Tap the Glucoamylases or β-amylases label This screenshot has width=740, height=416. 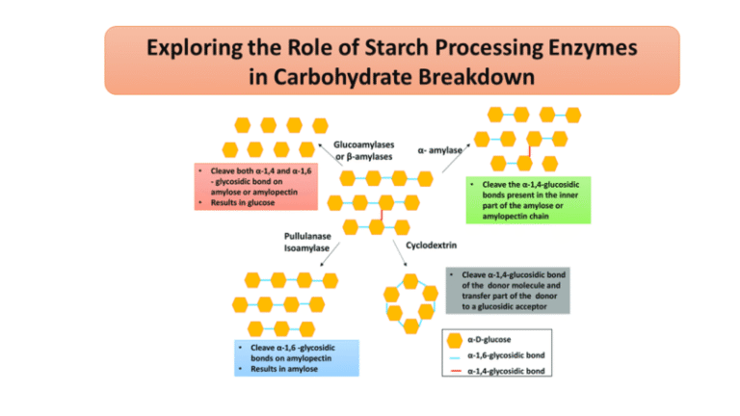pyautogui.click(x=363, y=150)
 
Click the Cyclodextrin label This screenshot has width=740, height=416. pyautogui.click(x=438, y=245)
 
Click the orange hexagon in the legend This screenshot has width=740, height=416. pyautogui.click(x=456, y=340)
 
